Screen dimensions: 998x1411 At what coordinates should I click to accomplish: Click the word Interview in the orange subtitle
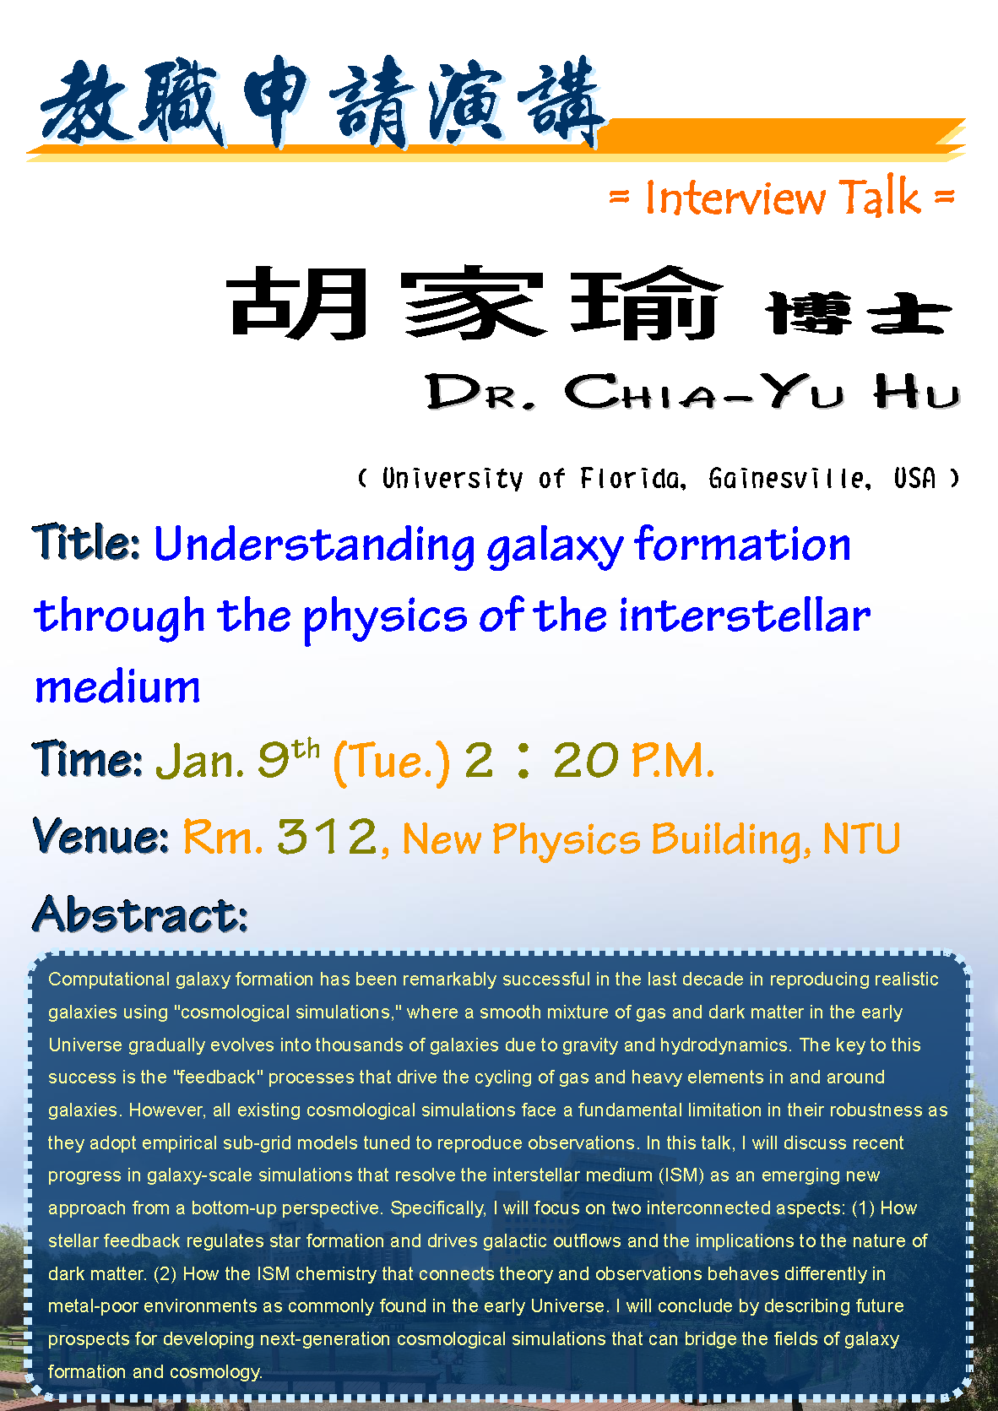point(735,198)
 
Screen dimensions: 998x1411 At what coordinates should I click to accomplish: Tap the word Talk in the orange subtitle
point(879,196)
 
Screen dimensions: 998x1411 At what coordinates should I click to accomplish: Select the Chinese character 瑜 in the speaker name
point(647,302)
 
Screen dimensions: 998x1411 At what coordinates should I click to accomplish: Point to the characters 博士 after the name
point(859,313)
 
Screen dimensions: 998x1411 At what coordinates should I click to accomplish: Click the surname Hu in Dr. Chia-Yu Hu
point(917,391)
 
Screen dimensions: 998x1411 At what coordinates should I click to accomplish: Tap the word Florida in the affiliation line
point(632,478)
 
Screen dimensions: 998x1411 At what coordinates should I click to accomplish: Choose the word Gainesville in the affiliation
point(789,478)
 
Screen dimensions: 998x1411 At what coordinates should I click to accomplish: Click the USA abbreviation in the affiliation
point(915,478)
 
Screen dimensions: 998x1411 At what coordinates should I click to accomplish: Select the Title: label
point(86,542)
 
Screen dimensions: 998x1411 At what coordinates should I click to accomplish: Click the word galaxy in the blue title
point(555,547)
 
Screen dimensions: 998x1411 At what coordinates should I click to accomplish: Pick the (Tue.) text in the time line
point(391,762)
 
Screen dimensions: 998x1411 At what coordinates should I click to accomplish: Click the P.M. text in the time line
point(672,760)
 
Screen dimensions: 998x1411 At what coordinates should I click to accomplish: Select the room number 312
point(327,837)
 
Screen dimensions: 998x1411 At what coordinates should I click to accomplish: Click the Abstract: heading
point(140,914)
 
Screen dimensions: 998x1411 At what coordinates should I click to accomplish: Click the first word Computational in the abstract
point(109,979)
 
